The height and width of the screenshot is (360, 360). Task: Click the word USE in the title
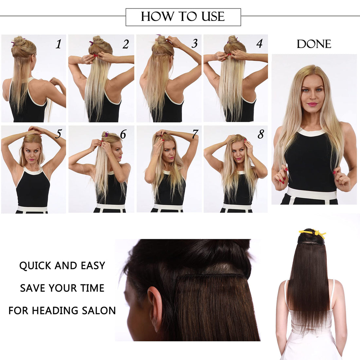point(213,17)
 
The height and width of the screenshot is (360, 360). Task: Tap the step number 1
point(59,44)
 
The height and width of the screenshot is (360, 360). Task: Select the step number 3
point(195,43)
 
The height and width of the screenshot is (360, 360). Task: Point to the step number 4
point(260,44)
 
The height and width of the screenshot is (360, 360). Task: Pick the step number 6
point(123,134)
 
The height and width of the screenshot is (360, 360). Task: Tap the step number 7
point(195,134)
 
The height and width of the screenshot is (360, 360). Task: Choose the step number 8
point(261,134)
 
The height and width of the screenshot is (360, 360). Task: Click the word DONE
point(314,44)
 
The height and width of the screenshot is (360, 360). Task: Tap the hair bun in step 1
point(19,41)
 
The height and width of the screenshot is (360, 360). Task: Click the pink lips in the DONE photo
point(313,104)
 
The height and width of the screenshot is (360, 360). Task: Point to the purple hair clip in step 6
point(106,134)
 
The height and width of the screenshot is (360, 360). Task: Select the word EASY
point(93,266)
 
